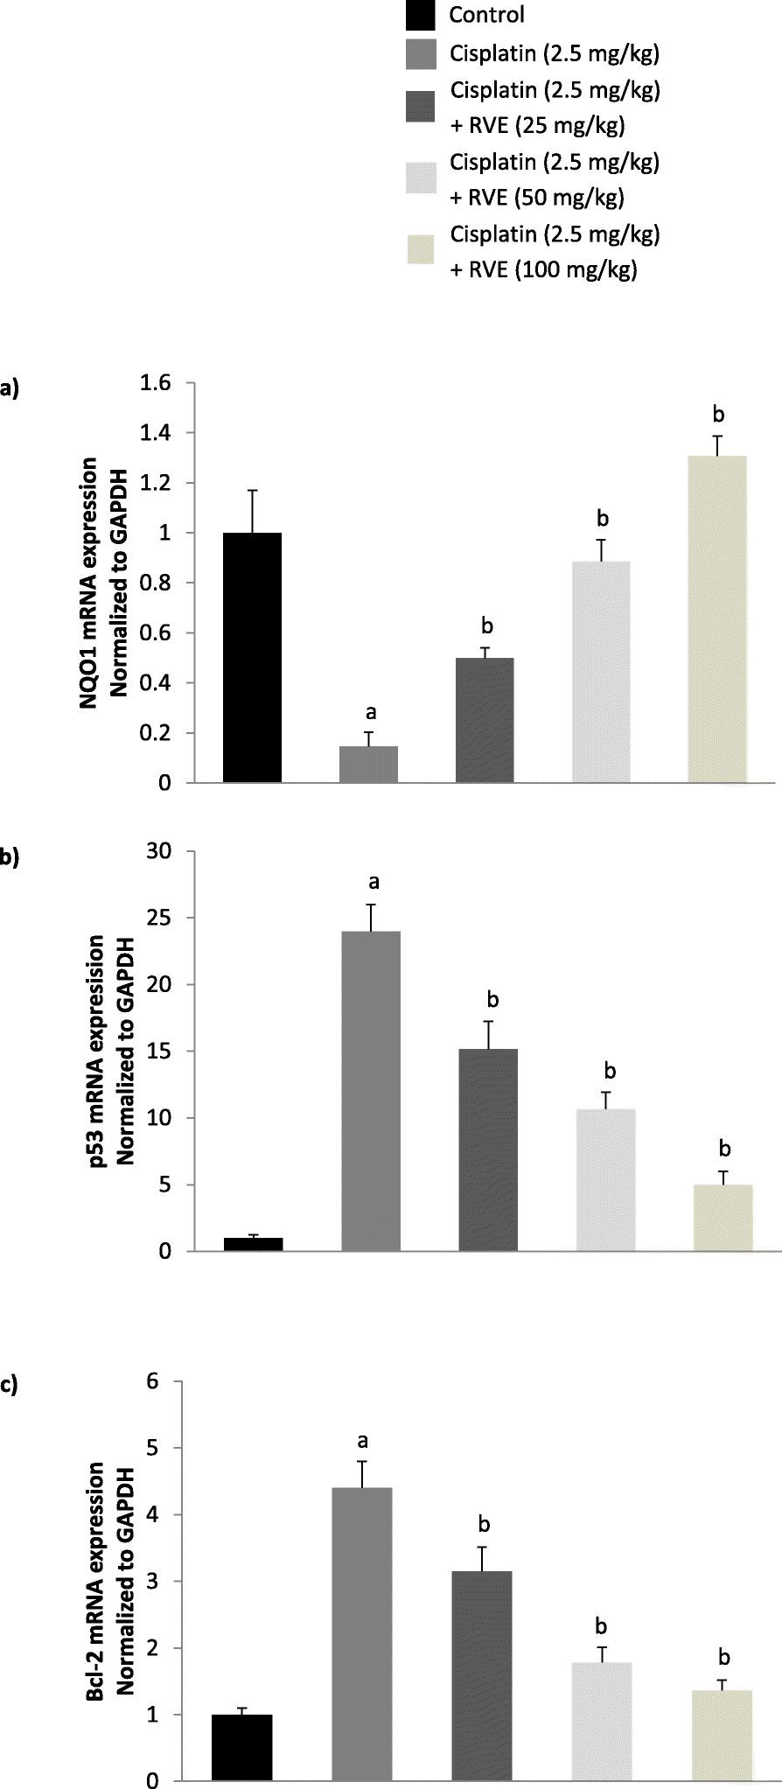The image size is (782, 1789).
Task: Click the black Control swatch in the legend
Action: coord(422,16)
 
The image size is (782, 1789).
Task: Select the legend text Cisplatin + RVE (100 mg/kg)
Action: coord(554,253)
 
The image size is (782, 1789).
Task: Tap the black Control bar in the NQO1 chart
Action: coord(253,657)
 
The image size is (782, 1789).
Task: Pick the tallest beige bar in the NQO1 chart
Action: coord(717,619)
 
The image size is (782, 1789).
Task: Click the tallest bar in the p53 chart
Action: coord(372,1091)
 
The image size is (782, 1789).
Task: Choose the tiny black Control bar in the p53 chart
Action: coord(253,1245)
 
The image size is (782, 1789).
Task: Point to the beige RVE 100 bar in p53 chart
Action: coord(723,1218)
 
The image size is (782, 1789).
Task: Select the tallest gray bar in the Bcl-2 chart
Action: coord(362,1633)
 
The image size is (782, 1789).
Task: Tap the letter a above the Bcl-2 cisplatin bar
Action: coord(362,1440)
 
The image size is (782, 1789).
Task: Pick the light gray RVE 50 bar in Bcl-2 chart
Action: coord(602,1720)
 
